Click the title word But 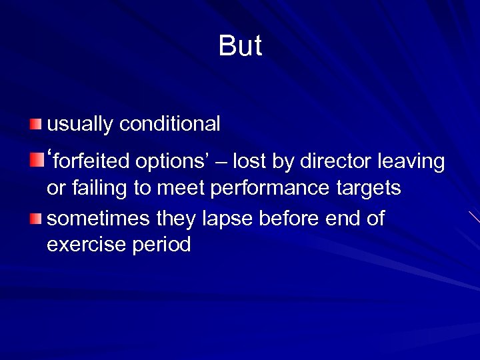point(240,47)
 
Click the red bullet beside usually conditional point(35,124)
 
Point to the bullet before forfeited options point(35,161)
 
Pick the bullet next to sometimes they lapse point(35,219)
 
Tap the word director point(337,161)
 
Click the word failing point(97,189)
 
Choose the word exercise point(85,245)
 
